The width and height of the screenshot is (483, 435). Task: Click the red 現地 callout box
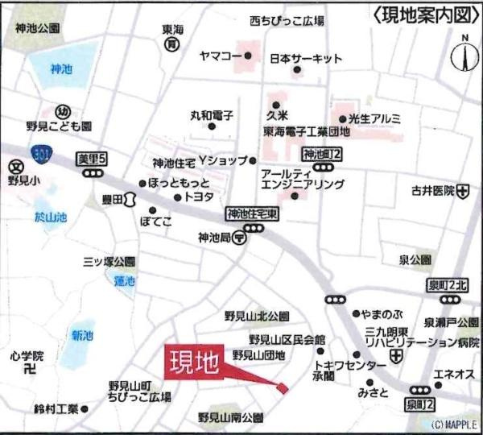coord(194,363)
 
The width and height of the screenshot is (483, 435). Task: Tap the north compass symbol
coord(464,54)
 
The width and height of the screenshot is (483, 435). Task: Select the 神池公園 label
coord(37,28)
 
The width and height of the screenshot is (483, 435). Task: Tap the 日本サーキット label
coord(306,58)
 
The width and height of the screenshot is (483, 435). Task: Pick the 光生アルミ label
coord(374,118)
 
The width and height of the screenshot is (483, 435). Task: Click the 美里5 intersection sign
coord(91,159)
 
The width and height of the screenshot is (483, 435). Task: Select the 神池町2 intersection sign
coord(324,153)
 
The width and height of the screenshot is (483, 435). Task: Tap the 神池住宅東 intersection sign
coord(252,214)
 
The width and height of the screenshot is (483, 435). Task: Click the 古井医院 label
coord(433,191)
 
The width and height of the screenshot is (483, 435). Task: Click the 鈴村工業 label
coord(56,408)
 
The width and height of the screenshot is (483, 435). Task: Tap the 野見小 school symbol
coord(14,168)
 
